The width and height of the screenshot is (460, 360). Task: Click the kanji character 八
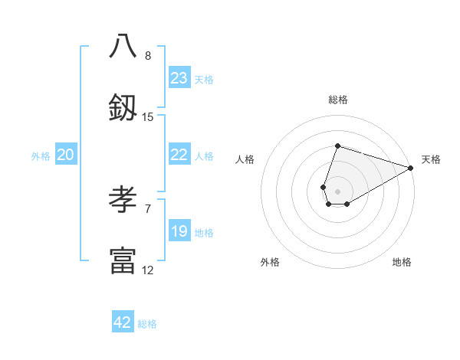pyautogui.click(x=123, y=46)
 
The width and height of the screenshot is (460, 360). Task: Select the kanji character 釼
pyautogui.click(x=123, y=107)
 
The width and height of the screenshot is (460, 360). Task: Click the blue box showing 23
pyautogui.click(x=179, y=78)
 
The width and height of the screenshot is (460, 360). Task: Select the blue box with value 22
pyautogui.click(x=179, y=155)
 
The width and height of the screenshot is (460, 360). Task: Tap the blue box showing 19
pyautogui.click(x=179, y=231)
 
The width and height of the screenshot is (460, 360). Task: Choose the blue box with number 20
pyautogui.click(x=66, y=155)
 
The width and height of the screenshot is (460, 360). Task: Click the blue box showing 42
pyautogui.click(x=123, y=322)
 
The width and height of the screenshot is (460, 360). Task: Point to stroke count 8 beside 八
pyautogui.click(x=148, y=56)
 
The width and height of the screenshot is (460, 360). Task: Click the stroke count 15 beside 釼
pyautogui.click(x=148, y=117)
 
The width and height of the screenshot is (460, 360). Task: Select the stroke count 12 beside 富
pyautogui.click(x=148, y=270)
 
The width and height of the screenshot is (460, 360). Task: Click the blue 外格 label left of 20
pyautogui.click(x=41, y=156)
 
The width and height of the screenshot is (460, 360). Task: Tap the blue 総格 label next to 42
pyautogui.click(x=147, y=324)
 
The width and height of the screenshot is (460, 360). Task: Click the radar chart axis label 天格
pyautogui.click(x=431, y=159)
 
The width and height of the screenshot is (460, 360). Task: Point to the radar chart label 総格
pyautogui.click(x=337, y=100)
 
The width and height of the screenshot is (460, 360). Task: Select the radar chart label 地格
pyautogui.click(x=402, y=263)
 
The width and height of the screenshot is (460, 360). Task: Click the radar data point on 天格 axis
pyautogui.click(x=411, y=168)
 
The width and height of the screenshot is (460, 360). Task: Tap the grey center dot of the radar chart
pyautogui.click(x=337, y=191)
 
